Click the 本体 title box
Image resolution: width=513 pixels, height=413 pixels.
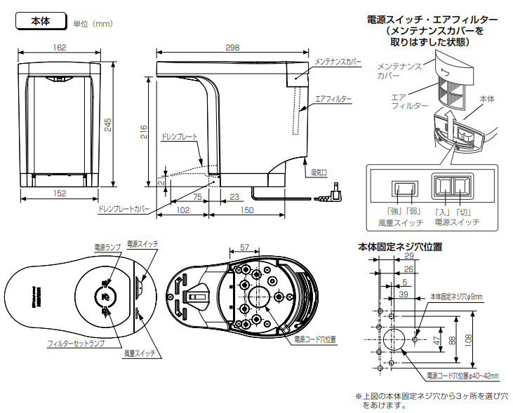pyautogui.click(x=40, y=22)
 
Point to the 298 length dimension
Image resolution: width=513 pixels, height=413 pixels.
pyautogui.click(x=232, y=48)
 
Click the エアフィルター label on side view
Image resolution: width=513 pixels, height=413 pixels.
pyautogui.click(x=333, y=99)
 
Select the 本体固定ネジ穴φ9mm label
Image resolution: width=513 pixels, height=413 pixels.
pyautogui.click(x=456, y=297)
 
